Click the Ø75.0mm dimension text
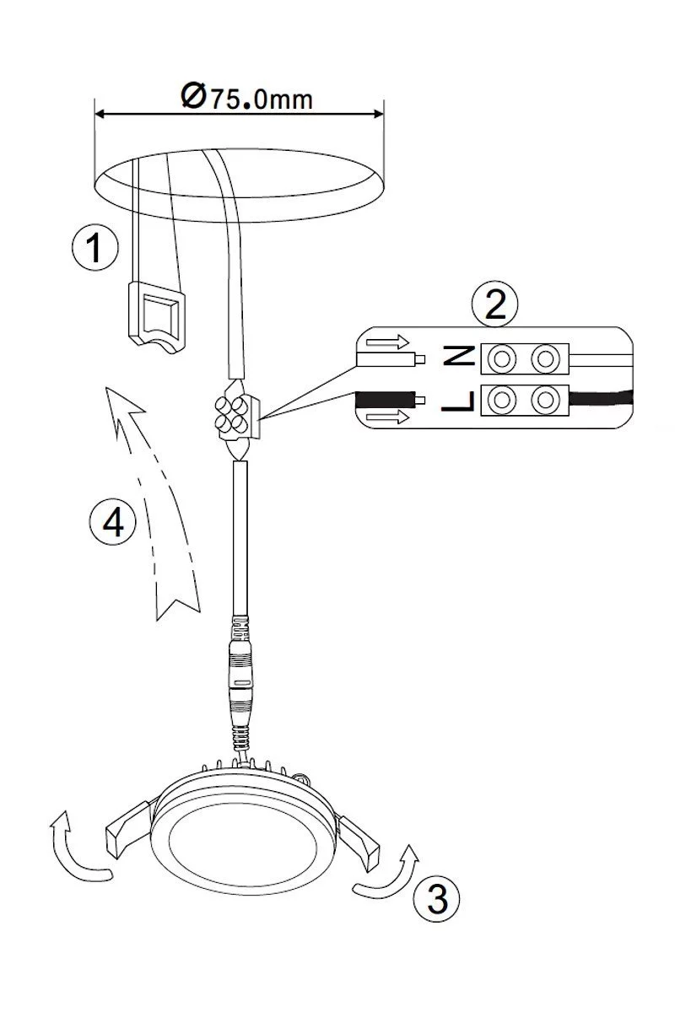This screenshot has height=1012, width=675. (x=247, y=96)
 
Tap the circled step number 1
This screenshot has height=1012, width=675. (x=95, y=248)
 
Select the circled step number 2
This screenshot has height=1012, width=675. (x=494, y=304)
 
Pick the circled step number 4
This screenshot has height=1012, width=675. (x=112, y=524)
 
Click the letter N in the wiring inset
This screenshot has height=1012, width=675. (x=458, y=356)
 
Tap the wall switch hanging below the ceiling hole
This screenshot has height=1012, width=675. (x=157, y=317)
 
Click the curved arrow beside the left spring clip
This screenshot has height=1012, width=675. (x=73, y=850)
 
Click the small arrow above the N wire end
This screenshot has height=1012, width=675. (x=388, y=342)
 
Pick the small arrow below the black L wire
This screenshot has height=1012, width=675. (x=388, y=417)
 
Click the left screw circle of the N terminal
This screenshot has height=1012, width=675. (x=502, y=359)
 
